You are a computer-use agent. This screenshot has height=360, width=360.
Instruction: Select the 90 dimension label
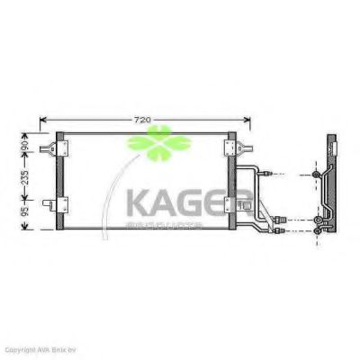(x=25, y=144)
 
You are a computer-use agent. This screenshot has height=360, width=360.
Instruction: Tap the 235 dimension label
(x=25, y=179)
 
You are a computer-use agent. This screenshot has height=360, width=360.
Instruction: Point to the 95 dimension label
(x=25, y=216)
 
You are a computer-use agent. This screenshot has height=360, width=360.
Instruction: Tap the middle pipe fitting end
(x=280, y=219)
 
